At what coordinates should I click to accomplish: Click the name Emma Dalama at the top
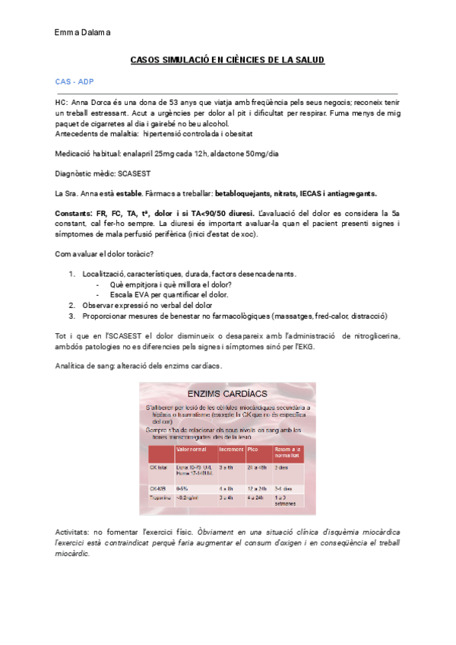(x=83, y=32)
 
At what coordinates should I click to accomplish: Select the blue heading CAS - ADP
(x=74, y=81)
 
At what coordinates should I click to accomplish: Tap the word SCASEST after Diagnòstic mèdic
(x=135, y=173)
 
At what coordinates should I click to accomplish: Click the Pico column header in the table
(x=252, y=450)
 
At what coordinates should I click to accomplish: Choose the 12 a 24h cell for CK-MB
(x=257, y=488)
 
